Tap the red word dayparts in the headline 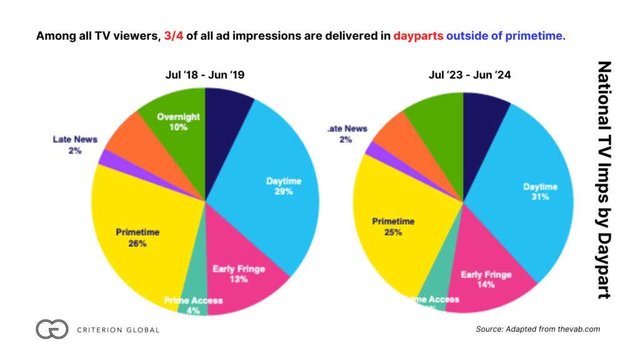tap(418, 36)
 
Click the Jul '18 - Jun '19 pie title tap(205, 74)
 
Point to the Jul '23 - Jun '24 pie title tap(462, 74)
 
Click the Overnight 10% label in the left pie tap(177, 121)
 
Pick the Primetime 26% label tap(137, 237)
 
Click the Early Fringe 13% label tap(238, 274)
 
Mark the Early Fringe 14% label tap(486, 279)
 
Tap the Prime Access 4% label tap(193, 305)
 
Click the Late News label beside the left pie tap(75, 144)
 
